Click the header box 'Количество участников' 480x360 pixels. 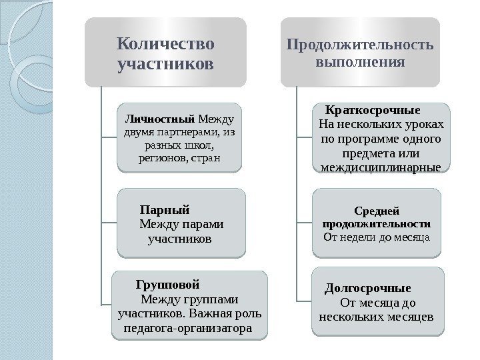[165, 53]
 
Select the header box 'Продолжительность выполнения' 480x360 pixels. [360, 53]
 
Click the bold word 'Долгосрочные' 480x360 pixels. [367, 289]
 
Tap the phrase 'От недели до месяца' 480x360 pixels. [377, 236]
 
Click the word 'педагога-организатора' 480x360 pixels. [188, 329]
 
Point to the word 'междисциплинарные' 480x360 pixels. [381, 167]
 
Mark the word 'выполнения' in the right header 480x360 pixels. [361, 63]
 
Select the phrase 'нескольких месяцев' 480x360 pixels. [377, 315]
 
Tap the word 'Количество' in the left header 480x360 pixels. [165, 44]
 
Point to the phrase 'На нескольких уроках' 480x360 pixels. [381, 125]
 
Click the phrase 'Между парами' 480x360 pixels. [181, 223]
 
